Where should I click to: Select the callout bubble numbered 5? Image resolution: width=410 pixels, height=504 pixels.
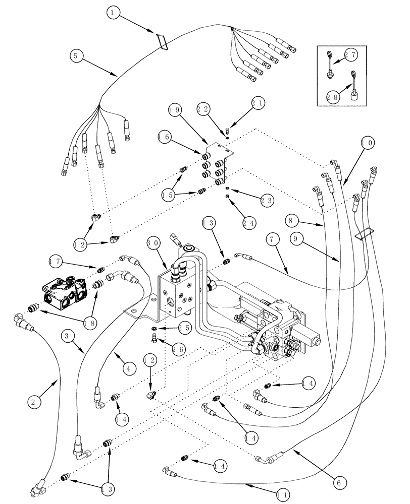tap(75, 56)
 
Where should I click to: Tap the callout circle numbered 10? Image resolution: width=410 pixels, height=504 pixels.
tap(368, 144)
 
